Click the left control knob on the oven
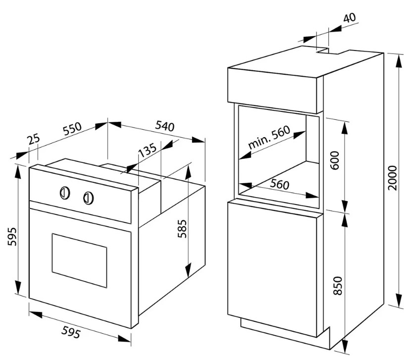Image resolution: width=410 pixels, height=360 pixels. [x=64, y=193]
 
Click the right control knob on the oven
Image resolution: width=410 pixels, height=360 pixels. [x=89, y=198]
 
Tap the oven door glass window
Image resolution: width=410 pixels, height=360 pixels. [x=79, y=260]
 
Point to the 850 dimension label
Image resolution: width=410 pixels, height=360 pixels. [x=338, y=286]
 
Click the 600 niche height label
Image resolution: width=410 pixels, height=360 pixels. [x=334, y=160]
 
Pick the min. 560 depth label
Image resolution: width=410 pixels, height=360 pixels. [x=269, y=138]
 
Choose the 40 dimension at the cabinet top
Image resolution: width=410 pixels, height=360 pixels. [x=349, y=17]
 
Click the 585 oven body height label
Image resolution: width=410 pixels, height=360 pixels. [x=182, y=228]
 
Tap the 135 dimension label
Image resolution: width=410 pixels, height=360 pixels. [x=147, y=150]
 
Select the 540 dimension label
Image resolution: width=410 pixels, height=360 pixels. [x=165, y=126]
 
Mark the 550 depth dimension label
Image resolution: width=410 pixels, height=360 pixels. [x=72, y=129]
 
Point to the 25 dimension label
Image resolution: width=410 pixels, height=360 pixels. [x=34, y=139]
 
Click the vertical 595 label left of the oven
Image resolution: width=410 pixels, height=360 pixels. [x=12, y=236]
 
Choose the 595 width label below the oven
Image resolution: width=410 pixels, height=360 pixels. [x=71, y=332]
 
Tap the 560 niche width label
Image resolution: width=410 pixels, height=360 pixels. [x=279, y=184]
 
